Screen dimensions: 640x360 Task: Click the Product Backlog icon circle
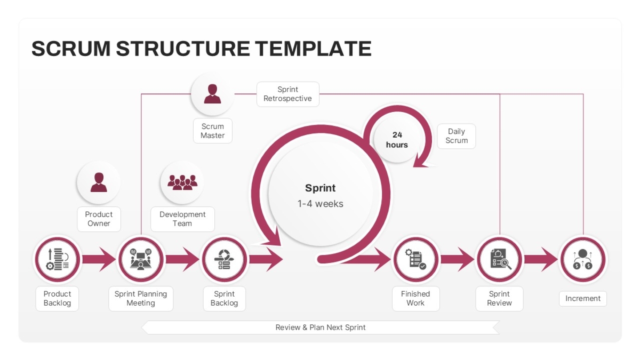point(58,259)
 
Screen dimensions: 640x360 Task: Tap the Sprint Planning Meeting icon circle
point(141,259)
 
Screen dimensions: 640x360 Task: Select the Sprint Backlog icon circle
point(225,259)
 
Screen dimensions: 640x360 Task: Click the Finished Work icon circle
point(415,259)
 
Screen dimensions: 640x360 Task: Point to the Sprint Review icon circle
point(499,259)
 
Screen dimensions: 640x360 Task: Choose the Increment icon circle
point(583,259)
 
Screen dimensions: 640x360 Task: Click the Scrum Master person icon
point(212,94)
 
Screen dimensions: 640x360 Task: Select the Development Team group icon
point(182,182)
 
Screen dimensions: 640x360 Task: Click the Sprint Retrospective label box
point(287,94)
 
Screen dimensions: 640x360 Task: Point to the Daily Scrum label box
point(457,136)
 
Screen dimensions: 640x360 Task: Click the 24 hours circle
point(397,140)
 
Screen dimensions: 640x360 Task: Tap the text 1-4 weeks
point(321,204)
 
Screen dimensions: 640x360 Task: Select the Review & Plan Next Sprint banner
point(321,327)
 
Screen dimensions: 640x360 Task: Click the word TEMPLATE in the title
point(313,49)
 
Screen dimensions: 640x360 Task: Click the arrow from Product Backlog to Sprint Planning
point(99,259)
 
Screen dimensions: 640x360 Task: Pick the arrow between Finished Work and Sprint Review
point(458,259)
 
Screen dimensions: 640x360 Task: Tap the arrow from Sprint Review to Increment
point(541,259)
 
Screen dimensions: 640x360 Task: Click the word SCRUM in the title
point(71,49)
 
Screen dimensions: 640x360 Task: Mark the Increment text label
point(583,299)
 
